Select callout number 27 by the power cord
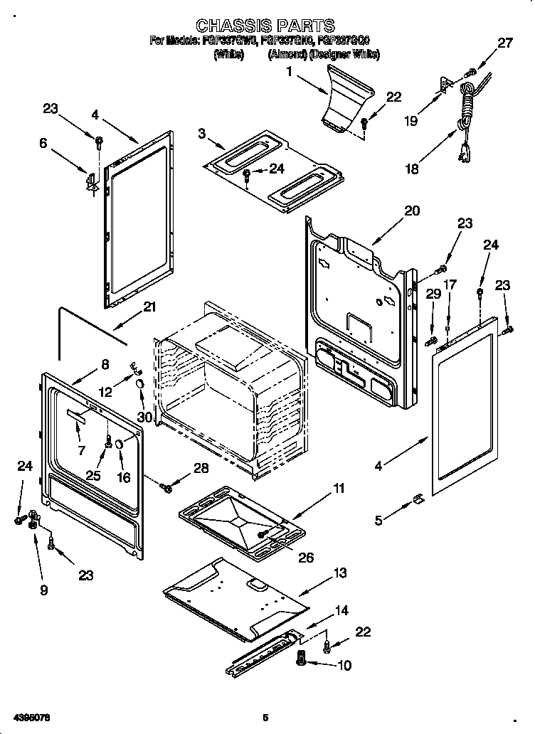pos(504,43)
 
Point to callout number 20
pos(412,211)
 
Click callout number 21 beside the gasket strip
pos(149,307)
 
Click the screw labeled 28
pos(166,488)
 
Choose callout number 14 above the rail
pos(342,610)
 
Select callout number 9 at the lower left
pos(44,590)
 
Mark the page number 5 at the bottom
pos(265,718)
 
